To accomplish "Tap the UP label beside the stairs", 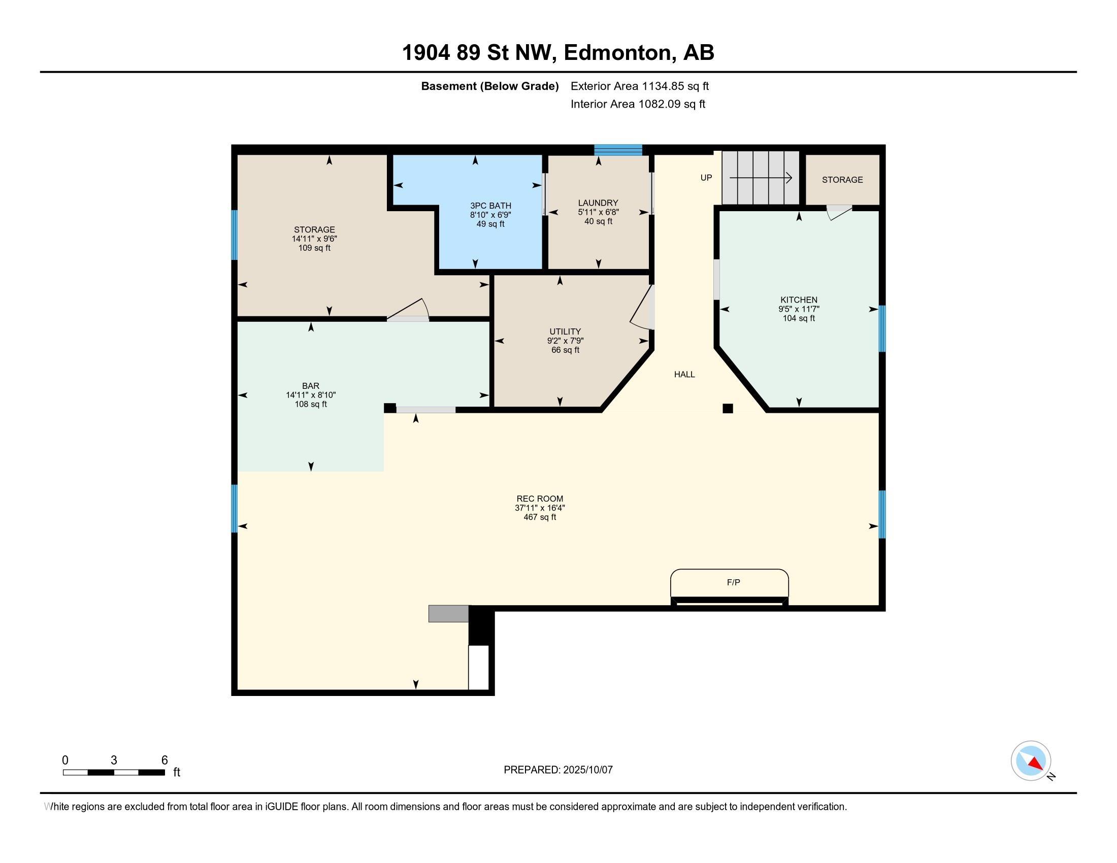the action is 706,178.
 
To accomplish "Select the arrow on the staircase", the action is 761,178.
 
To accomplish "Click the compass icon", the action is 1031,761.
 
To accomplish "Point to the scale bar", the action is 114,773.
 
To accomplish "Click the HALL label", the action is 684,374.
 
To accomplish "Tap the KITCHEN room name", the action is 798,300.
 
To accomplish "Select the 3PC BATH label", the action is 490,206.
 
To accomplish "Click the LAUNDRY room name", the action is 598,203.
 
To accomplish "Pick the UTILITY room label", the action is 565,331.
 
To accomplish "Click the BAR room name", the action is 310,386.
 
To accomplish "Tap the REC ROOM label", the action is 540,499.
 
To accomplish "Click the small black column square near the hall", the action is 728,408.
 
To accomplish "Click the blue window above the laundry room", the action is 618,150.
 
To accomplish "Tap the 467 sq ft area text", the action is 540,517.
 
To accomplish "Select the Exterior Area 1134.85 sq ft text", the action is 640,86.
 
